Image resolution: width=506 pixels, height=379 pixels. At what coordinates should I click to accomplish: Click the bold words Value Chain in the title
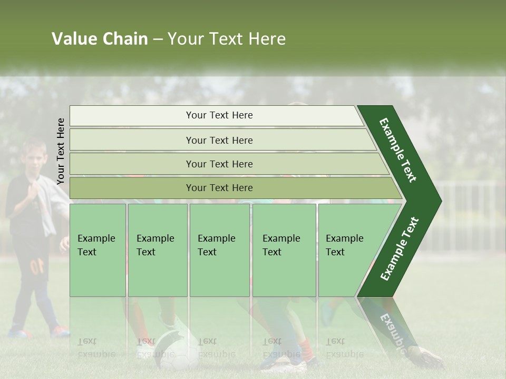pyautogui.click(x=100, y=39)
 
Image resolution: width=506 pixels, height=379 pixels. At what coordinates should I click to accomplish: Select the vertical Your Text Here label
pyautogui.click(x=61, y=151)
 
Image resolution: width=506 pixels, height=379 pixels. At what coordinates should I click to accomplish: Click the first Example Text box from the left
pyautogui.click(x=98, y=250)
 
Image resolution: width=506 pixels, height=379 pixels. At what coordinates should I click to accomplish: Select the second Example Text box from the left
pyautogui.click(x=157, y=250)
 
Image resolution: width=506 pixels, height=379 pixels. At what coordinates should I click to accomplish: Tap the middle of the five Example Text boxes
pyautogui.click(x=219, y=250)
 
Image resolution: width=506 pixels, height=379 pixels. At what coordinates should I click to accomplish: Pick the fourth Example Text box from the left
pyautogui.click(x=284, y=250)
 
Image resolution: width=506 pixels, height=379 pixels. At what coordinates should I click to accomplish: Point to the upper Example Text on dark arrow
pyautogui.click(x=398, y=150)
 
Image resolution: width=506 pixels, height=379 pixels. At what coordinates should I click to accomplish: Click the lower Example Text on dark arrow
pyautogui.click(x=400, y=248)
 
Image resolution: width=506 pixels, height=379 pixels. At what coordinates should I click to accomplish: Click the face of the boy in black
pyautogui.click(x=35, y=161)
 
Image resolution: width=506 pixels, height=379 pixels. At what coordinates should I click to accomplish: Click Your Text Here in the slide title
pyautogui.click(x=227, y=39)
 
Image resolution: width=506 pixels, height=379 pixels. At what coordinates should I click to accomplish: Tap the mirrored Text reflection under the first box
pyautogui.click(x=87, y=341)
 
